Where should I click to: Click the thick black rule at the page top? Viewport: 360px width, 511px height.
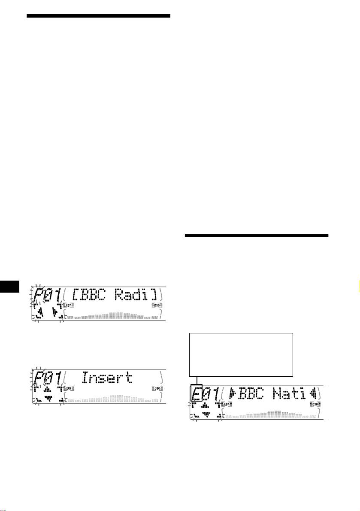[x=98, y=16]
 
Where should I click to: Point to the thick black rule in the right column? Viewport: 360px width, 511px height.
[x=256, y=236]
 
